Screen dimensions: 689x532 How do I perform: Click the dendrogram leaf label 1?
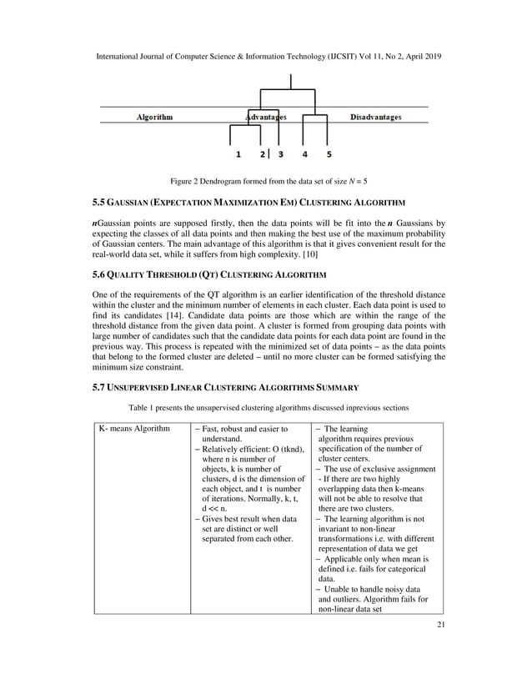238,154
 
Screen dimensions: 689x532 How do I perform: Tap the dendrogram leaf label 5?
329,154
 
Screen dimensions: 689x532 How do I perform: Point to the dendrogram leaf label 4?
305,154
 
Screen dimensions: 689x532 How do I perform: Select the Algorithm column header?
155,118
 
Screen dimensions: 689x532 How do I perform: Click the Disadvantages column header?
375,118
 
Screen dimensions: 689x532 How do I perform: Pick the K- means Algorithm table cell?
132,429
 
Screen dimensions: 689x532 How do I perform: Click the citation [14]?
178,319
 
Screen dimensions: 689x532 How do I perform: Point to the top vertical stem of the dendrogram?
291,82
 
